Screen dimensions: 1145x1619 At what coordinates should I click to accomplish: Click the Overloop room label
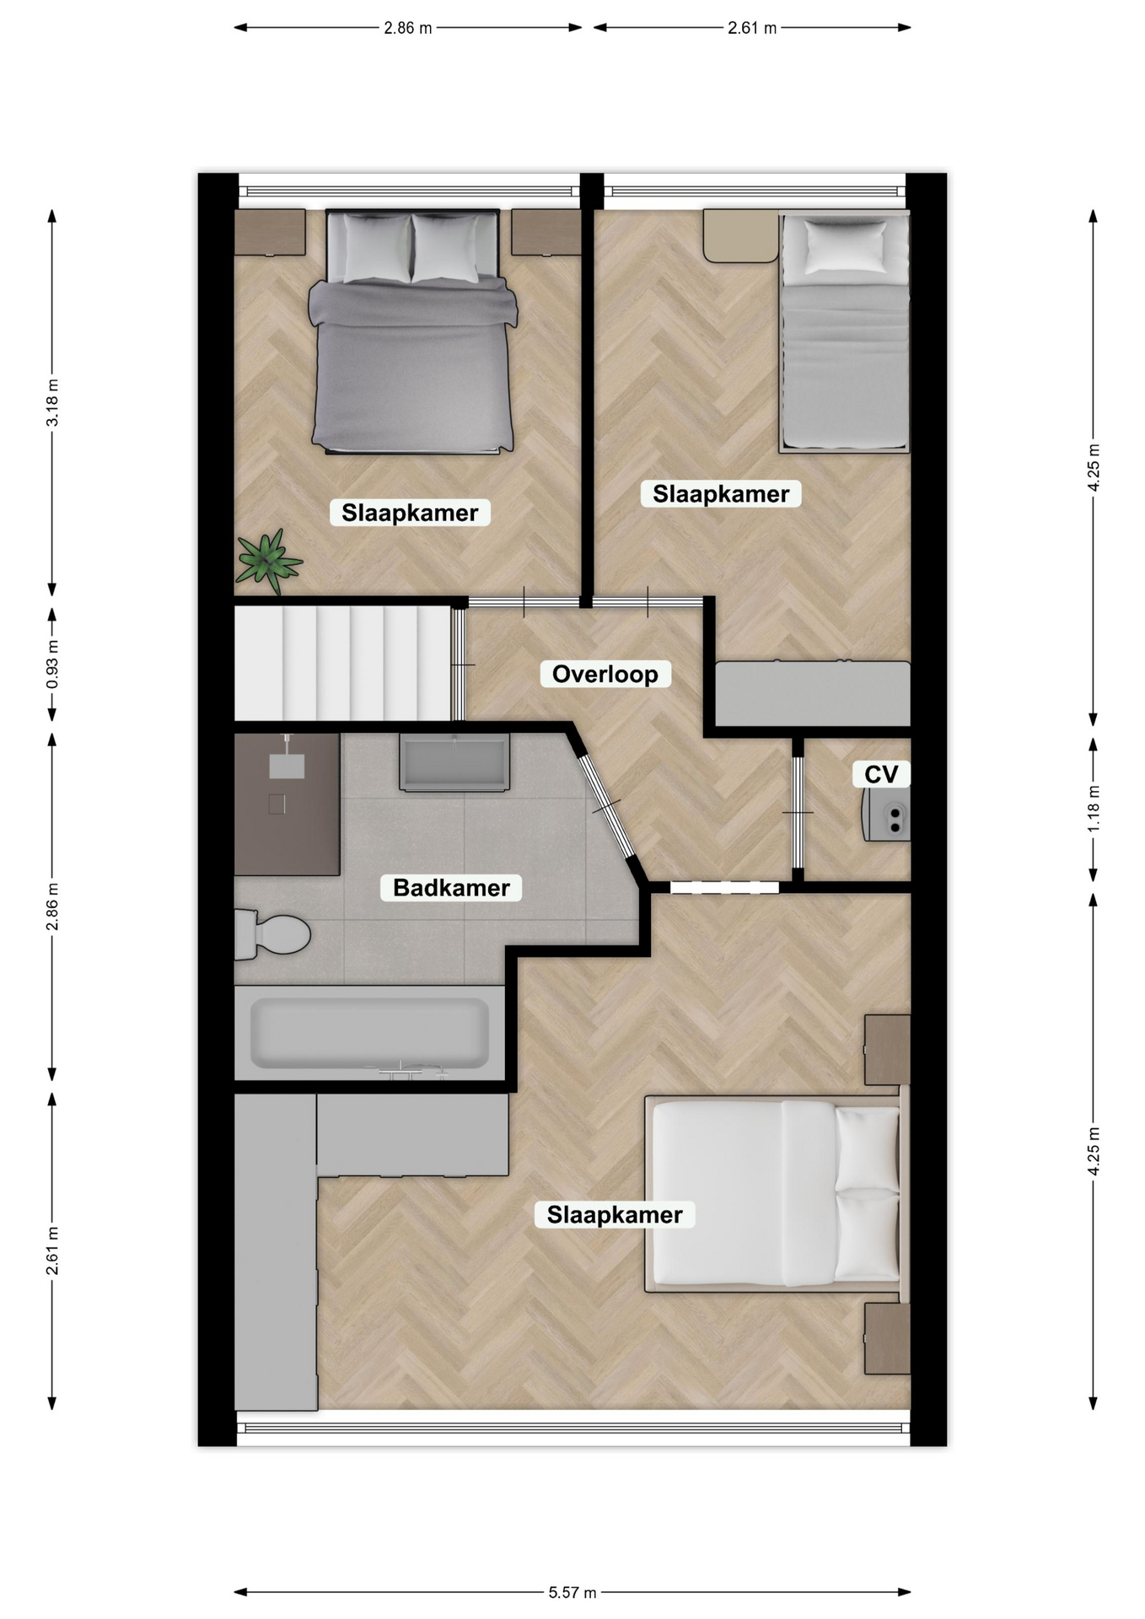click(605, 674)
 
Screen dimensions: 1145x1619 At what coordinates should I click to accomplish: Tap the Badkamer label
click(451, 887)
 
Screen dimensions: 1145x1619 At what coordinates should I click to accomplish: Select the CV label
click(881, 773)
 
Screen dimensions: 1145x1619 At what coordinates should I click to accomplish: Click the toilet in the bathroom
click(271, 934)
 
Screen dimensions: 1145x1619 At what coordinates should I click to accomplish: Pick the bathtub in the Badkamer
click(369, 1033)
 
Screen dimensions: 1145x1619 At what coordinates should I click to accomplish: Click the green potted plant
click(268, 560)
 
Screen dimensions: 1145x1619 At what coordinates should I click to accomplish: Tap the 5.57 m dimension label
click(572, 1592)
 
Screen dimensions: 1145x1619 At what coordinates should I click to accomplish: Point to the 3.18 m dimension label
click(52, 403)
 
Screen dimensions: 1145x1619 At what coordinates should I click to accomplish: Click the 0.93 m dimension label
click(52, 664)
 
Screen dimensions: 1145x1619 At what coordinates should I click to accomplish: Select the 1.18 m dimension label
click(1093, 809)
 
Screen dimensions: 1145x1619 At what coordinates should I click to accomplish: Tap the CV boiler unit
click(885, 815)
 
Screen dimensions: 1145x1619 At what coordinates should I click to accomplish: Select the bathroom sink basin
click(454, 762)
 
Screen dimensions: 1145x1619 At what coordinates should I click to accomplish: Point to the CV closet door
click(798, 812)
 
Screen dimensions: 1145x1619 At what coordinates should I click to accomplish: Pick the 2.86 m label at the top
click(408, 28)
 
